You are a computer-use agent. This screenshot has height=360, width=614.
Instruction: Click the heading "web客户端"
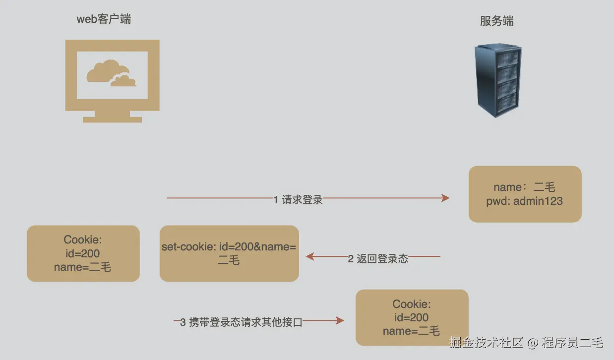[104, 19]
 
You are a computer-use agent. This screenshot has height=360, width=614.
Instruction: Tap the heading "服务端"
[496, 21]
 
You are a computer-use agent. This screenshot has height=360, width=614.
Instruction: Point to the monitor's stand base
[112, 119]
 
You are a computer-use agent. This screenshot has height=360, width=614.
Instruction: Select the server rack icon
[498, 80]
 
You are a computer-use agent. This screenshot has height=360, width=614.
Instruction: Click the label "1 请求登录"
[298, 199]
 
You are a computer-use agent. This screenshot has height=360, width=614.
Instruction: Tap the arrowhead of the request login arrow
[445, 198]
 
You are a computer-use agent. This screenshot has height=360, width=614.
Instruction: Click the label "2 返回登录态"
[377, 258]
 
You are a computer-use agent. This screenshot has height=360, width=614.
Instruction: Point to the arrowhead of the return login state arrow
[310, 256]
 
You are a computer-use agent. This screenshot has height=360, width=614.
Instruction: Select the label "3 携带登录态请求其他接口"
[241, 322]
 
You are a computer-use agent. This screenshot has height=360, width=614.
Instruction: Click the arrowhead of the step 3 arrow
[340, 321]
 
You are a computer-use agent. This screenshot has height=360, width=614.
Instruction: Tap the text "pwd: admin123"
[524, 201]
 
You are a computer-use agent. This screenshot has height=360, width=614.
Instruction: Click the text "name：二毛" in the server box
[524, 187]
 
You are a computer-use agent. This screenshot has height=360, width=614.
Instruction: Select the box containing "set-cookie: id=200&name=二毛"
[229, 253]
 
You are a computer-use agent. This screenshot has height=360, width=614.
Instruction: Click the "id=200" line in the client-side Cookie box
[83, 253]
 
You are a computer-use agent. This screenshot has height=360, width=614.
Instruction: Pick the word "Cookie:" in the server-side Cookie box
[412, 304]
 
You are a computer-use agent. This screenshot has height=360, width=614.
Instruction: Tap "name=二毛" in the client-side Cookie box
[83, 267]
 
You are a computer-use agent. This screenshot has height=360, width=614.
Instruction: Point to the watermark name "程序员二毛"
[572, 342]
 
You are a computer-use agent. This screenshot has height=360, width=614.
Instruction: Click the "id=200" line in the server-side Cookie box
[412, 317]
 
